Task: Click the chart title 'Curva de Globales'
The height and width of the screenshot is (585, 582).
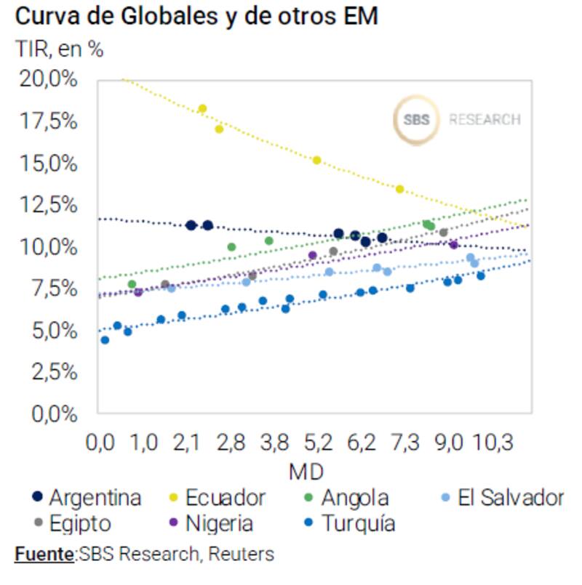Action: (196, 16)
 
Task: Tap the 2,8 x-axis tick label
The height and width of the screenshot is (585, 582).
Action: (231, 442)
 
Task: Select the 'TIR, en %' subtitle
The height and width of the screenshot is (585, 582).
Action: (59, 49)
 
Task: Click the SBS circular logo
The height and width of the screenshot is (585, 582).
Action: (417, 119)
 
